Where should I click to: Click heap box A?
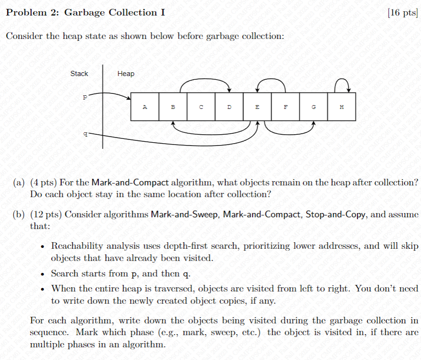(145, 107)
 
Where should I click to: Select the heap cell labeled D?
(229, 107)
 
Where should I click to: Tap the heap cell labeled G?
(314, 107)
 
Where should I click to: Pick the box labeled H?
(342, 107)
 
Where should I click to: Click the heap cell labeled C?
(201, 107)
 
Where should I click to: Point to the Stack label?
(79, 74)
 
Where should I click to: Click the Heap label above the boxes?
(125, 74)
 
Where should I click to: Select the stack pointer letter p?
(85, 98)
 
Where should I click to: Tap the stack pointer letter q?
(85, 134)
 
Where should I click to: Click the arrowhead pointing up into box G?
(313, 124)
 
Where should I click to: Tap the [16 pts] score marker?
(403, 13)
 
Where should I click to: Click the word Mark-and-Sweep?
(185, 215)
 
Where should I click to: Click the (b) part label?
(19, 215)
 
